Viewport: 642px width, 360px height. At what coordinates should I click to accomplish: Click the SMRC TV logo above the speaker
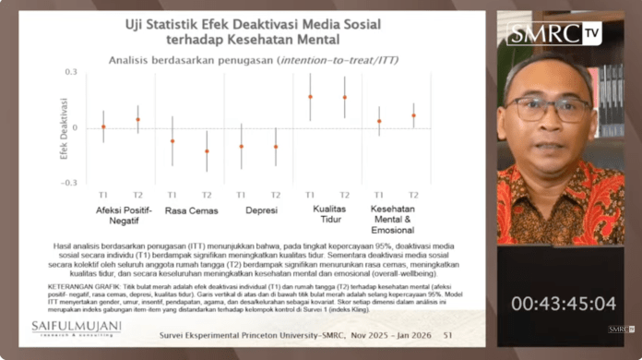click(x=553, y=33)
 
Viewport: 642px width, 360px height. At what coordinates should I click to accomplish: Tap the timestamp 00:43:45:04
click(x=564, y=303)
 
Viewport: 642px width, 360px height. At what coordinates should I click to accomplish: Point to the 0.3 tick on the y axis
click(x=70, y=71)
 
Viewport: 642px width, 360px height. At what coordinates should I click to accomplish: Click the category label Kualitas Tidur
click(x=327, y=215)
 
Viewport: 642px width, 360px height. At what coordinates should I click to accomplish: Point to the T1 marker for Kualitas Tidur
click(x=310, y=96)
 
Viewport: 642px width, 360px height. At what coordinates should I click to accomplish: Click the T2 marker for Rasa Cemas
click(x=207, y=151)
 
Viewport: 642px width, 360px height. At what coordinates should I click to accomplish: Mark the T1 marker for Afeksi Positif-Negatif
click(x=103, y=126)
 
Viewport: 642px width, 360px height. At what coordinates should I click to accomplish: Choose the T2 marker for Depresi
click(x=275, y=147)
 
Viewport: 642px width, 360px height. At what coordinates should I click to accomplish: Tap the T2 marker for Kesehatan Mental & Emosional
click(x=413, y=115)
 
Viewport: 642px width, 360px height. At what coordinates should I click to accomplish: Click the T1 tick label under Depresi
click(x=241, y=195)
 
